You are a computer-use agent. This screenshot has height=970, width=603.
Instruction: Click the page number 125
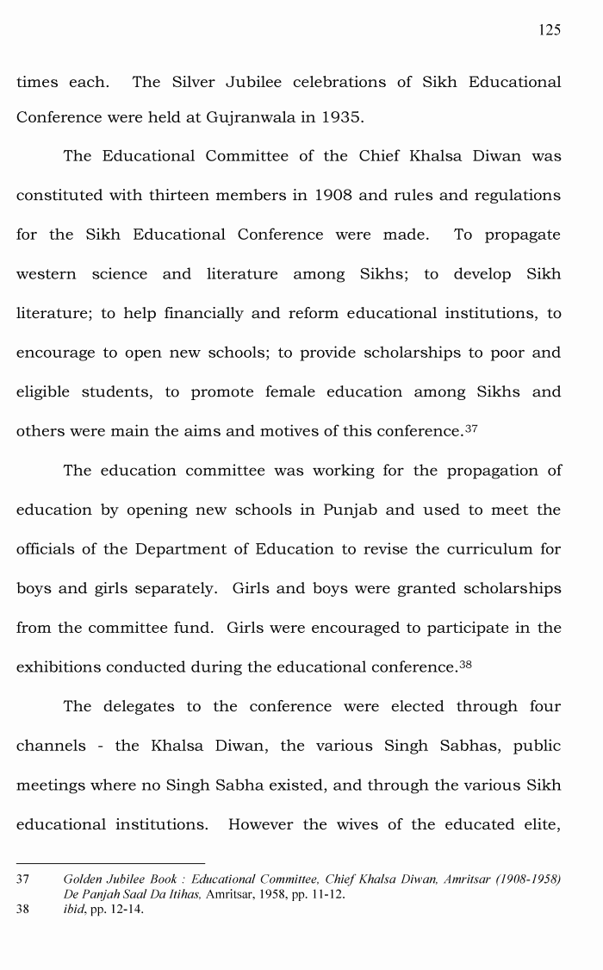pyautogui.click(x=549, y=30)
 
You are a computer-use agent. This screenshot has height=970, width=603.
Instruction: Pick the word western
pyautogui.click(x=47, y=274)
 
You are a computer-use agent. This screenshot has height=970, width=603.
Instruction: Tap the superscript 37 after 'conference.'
pyautogui.click(x=470, y=429)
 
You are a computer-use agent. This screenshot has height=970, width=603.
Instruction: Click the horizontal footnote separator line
pyautogui.click(x=110, y=863)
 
